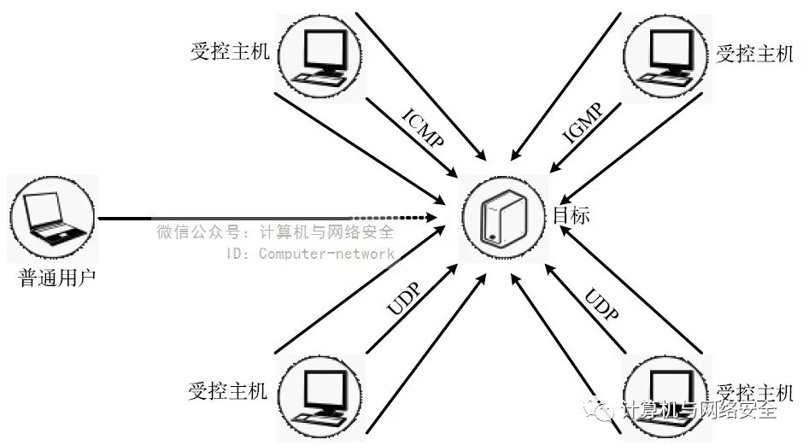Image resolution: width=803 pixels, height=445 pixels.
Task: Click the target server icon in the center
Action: click(501, 217)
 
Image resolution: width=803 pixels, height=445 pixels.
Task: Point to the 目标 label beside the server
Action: click(571, 215)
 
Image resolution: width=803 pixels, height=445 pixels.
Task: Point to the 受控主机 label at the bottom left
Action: click(227, 392)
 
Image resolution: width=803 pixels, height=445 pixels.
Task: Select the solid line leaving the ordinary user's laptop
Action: click(222, 218)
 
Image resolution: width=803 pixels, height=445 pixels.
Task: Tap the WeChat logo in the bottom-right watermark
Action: click(605, 409)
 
